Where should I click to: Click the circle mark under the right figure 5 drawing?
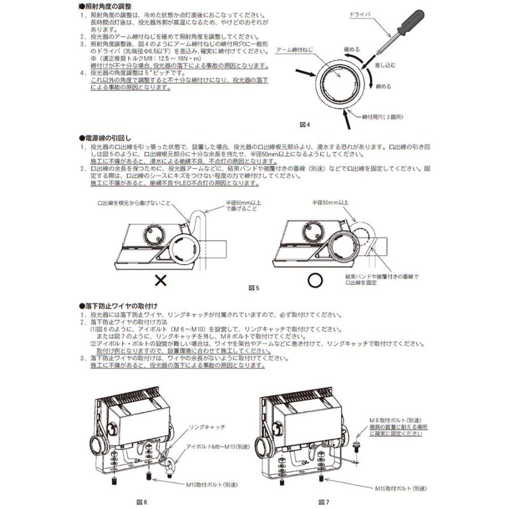pyautogui.click(x=314, y=279)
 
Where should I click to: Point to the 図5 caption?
pyautogui.click(x=254, y=287)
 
